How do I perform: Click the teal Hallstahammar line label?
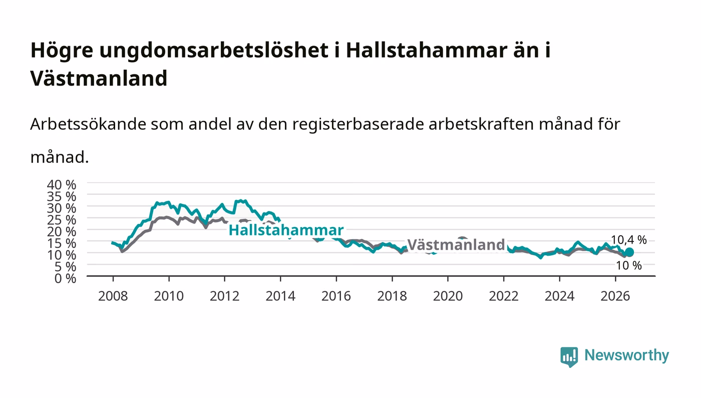click(x=286, y=230)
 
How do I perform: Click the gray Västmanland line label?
click(x=456, y=245)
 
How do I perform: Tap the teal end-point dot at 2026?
click(x=629, y=252)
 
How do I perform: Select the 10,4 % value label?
click(x=629, y=240)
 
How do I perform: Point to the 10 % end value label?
click(x=629, y=266)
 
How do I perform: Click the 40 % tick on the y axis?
click(x=62, y=185)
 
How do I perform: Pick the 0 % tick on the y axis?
click(x=66, y=279)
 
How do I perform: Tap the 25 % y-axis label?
click(x=62, y=220)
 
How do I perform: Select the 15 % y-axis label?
click(x=62, y=244)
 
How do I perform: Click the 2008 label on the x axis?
click(x=113, y=296)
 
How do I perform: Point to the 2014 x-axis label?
click(x=280, y=296)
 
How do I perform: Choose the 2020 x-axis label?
click(x=448, y=296)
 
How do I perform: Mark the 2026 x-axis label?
click(x=615, y=296)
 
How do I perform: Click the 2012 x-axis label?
click(x=225, y=296)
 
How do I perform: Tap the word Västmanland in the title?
click(x=99, y=78)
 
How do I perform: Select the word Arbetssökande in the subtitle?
click(x=88, y=124)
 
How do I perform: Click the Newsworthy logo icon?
click(x=569, y=357)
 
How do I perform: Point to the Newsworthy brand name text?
click(x=627, y=356)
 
